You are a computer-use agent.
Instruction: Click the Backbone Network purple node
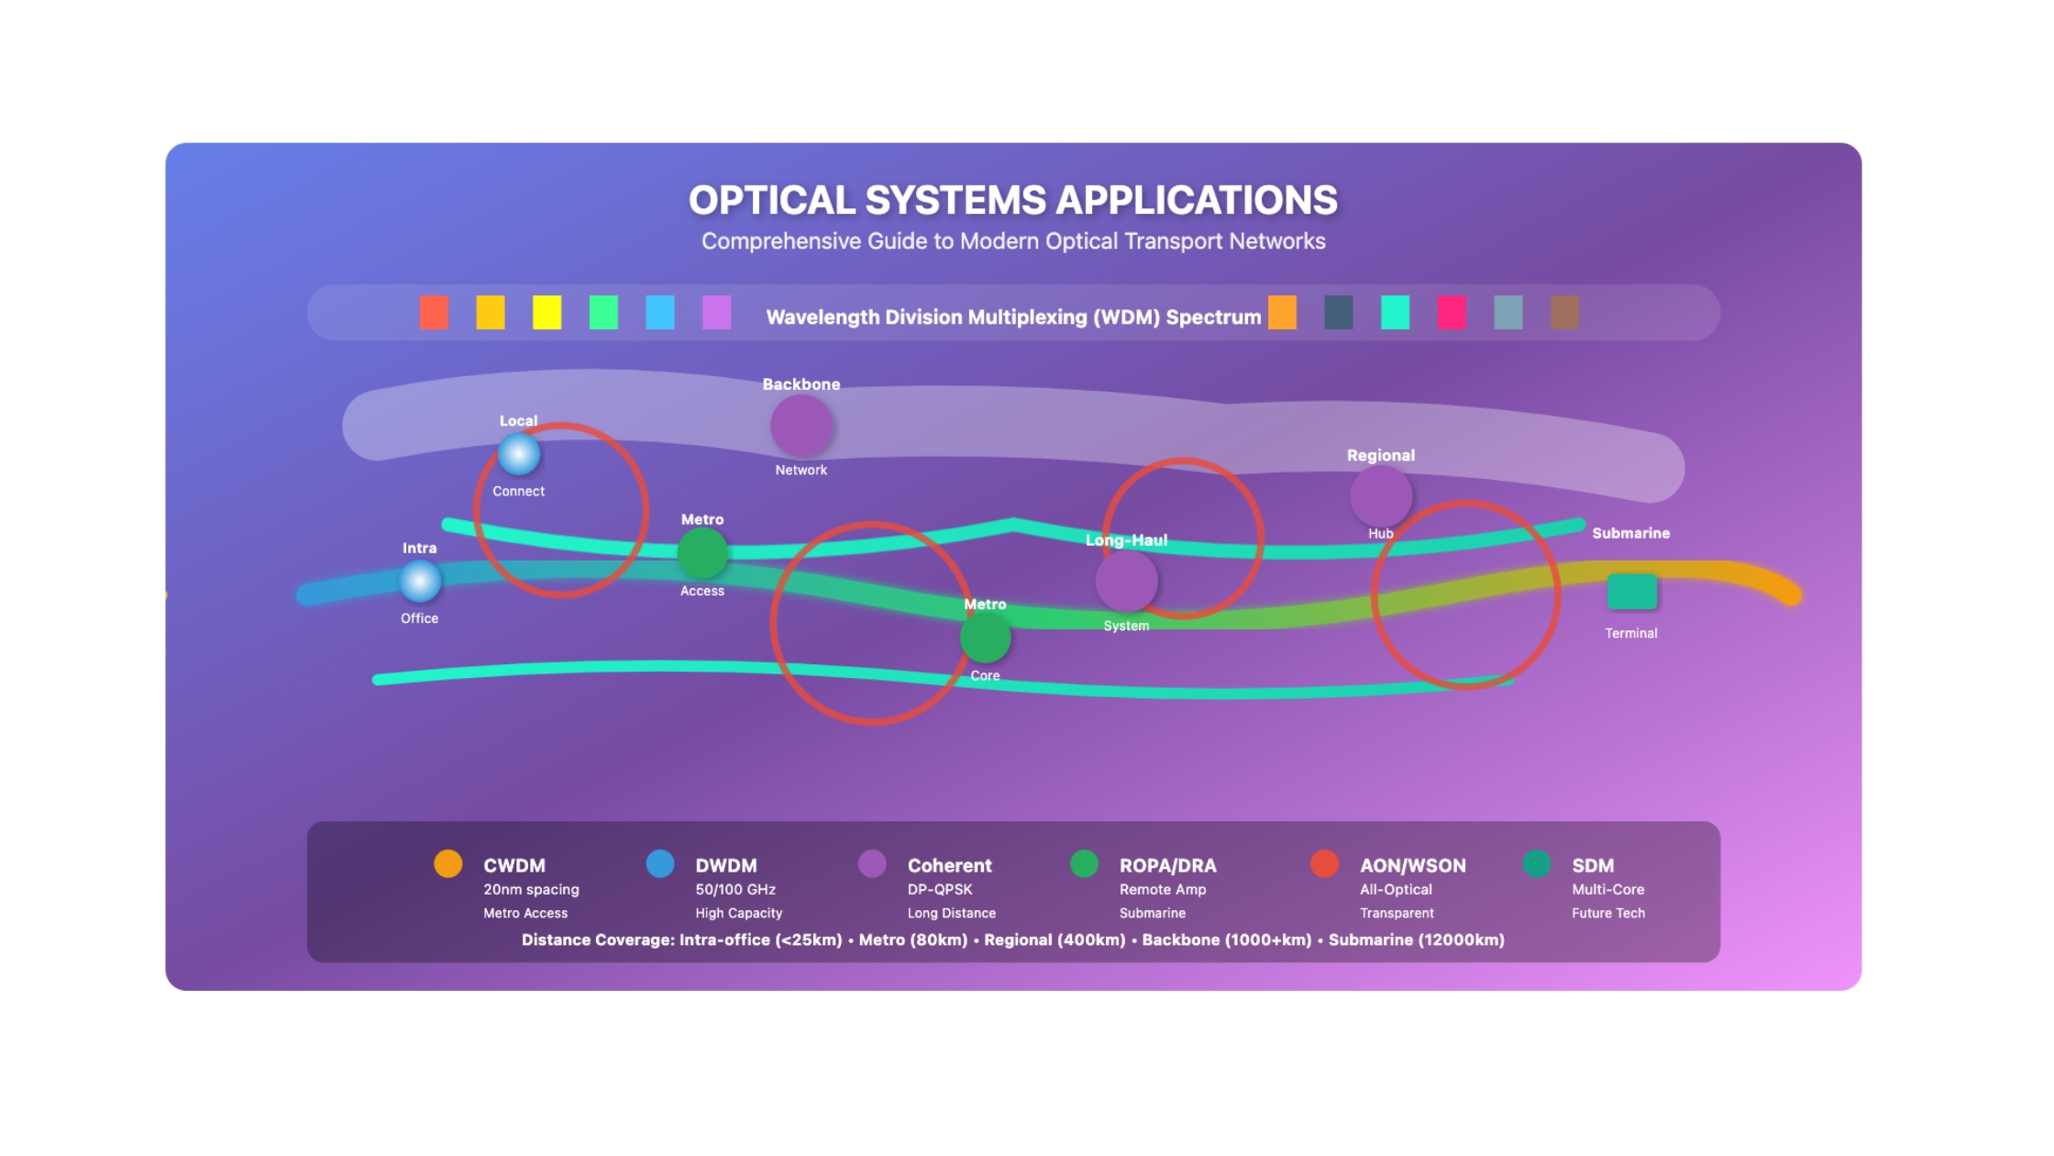click(x=801, y=427)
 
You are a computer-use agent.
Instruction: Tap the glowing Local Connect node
click(x=519, y=454)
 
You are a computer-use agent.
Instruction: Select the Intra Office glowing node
click(x=420, y=582)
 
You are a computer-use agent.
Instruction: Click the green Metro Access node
click(x=702, y=554)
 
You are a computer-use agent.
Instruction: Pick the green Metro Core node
click(x=986, y=639)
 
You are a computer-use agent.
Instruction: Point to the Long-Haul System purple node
click(x=1126, y=582)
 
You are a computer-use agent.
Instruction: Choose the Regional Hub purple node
click(x=1381, y=496)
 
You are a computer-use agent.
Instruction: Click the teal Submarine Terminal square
click(x=1632, y=592)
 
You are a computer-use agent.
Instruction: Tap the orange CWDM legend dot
click(x=448, y=864)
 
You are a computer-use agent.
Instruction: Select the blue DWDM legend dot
click(x=660, y=864)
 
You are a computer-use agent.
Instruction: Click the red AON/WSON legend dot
click(x=1325, y=864)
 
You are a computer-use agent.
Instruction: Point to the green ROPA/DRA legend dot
click(x=1085, y=864)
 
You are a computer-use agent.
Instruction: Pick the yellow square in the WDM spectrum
click(x=547, y=313)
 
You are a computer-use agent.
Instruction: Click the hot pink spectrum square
click(x=1452, y=313)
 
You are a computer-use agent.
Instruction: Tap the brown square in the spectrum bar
click(x=1565, y=313)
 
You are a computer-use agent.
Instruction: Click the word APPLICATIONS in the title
click(x=1197, y=201)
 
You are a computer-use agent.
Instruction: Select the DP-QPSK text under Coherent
click(x=940, y=890)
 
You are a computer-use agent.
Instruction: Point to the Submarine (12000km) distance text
click(x=1417, y=940)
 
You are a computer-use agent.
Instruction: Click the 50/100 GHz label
click(x=735, y=890)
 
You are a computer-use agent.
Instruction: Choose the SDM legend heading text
click(x=1593, y=866)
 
